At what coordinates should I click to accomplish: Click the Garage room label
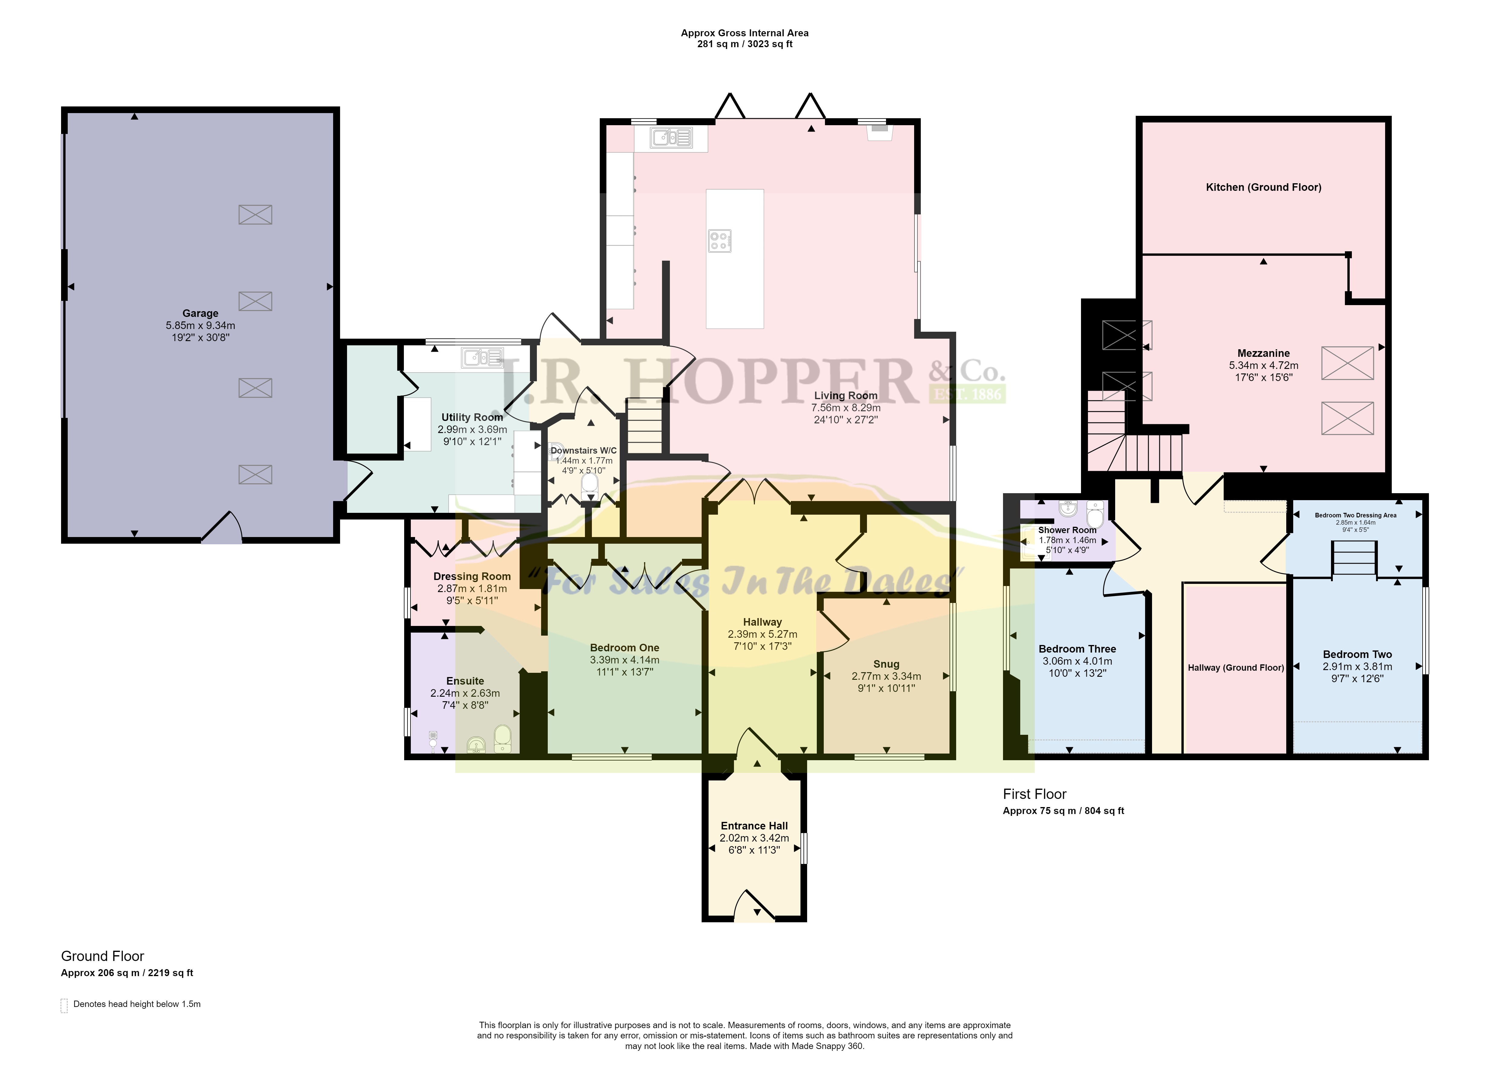pos(200,314)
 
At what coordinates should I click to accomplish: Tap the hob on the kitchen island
pos(720,241)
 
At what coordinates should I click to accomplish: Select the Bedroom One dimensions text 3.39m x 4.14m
pos(625,660)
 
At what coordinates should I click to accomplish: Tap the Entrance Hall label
pos(755,826)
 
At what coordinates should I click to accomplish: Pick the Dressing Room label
pos(472,576)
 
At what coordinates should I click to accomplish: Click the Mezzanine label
pos(1264,353)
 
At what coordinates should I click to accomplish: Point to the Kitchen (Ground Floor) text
pos(1264,187)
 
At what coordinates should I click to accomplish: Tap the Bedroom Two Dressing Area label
pos(1355,516)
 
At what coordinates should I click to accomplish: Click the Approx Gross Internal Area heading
pos(745,33)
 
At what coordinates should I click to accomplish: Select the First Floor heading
pos(1034,794)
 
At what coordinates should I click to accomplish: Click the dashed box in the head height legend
pos(64,1005)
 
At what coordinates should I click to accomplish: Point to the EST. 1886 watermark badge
pos(968,393)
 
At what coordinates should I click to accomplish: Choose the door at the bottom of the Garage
pos(222,528)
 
